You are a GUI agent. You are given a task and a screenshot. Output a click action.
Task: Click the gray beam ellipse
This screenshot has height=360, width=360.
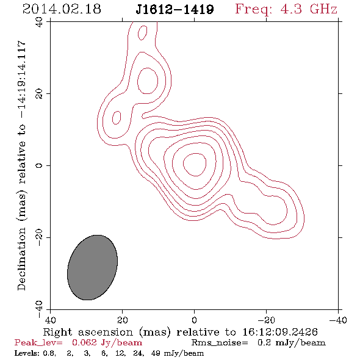92,267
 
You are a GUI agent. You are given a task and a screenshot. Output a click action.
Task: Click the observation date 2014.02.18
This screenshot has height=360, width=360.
62,9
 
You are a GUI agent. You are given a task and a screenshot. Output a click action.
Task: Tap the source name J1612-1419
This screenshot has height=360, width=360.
175,9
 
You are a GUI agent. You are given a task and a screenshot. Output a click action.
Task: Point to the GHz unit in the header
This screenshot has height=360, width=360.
323,9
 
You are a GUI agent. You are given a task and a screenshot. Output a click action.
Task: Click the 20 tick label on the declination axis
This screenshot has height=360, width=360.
39,94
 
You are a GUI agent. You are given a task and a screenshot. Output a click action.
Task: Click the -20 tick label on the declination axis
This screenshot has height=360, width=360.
39,237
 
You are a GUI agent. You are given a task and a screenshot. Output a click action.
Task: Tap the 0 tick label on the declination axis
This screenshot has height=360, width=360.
39,165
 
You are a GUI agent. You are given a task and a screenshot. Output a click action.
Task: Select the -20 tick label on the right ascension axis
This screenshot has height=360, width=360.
266,320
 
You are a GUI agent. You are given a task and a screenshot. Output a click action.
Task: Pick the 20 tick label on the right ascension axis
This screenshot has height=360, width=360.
123,320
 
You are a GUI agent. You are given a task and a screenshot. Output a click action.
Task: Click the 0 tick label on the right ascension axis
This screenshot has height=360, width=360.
195,320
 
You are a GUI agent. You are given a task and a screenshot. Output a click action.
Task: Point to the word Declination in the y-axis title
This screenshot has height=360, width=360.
21,259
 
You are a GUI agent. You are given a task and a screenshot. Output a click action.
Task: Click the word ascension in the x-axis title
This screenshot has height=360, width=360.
106,332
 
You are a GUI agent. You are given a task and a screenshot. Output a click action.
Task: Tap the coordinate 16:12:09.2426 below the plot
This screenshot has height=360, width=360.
280,332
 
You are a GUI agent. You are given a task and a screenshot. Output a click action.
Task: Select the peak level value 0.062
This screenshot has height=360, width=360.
84,343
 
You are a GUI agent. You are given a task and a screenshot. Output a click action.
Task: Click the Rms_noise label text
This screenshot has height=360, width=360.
220,343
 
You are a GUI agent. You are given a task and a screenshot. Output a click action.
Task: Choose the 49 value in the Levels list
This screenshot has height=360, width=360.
156,353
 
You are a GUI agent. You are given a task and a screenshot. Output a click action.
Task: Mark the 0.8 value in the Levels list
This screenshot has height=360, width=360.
49,353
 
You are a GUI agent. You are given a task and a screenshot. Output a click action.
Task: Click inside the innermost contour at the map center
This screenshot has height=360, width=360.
195,164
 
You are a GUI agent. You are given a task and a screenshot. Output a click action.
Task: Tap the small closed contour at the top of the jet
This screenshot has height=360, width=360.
142,32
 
